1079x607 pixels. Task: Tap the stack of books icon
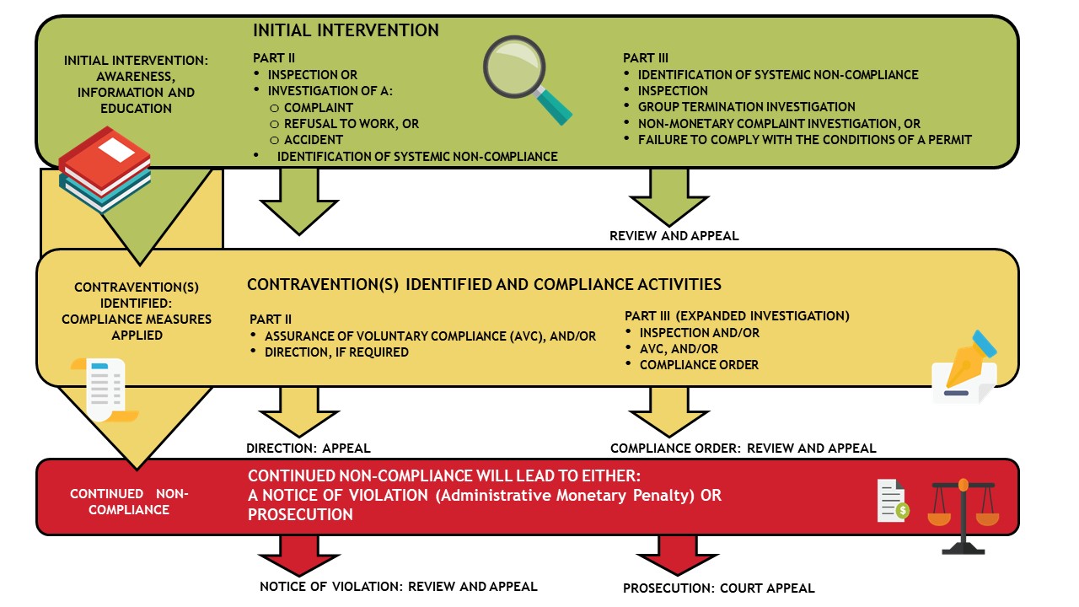coord(103,169)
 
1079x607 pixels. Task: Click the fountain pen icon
coord(965,368)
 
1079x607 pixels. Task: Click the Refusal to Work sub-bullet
coord(351,124)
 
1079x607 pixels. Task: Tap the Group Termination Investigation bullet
coord(746,107)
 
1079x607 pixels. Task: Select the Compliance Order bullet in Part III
coord(699,365)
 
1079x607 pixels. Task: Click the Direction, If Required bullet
coord(336,352)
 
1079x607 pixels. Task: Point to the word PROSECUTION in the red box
coord(300,514)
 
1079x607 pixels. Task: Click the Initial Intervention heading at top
coord(346,30)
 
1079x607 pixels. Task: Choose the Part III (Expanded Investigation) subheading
coord(737,315)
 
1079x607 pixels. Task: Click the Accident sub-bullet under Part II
coord(313,140)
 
